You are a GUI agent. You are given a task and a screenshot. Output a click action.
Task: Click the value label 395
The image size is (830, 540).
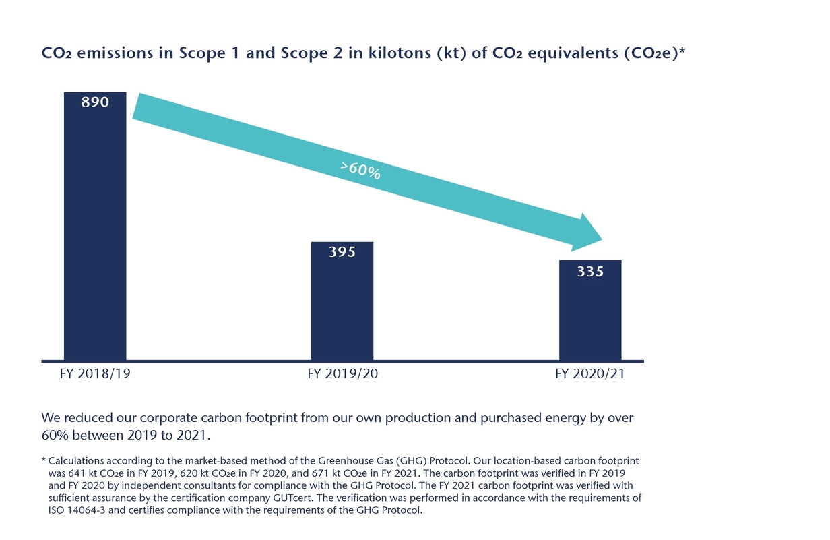(342, 252)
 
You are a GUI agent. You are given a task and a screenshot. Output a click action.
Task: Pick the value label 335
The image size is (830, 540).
(590, 272)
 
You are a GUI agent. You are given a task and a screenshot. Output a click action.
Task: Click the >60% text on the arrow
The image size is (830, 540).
(360, 171)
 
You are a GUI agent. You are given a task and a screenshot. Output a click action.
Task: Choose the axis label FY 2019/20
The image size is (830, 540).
(342, 374)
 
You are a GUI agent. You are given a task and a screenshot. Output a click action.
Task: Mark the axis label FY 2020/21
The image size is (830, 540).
(589, 374)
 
